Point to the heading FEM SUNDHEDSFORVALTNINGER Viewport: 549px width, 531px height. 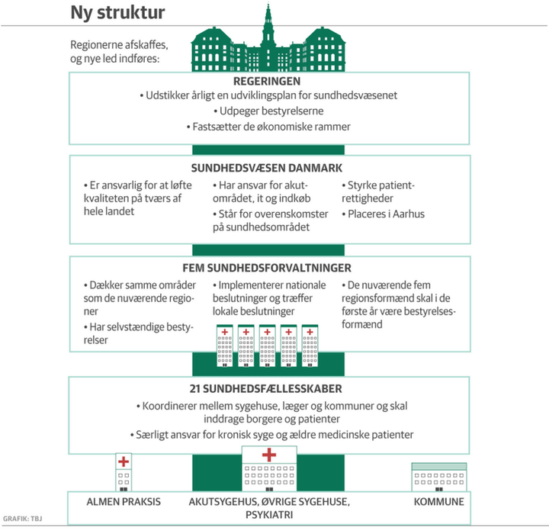tap(267, 269)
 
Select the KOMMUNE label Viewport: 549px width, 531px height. tap(438, 502)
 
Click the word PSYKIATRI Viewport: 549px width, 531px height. tap(269, 516)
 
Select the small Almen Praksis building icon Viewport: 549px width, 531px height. tap(124, 473)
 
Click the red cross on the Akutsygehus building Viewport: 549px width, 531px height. tap(269, 455)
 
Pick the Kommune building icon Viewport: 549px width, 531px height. tap(438, 477)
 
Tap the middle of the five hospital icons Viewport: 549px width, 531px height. tap(268, 347)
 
